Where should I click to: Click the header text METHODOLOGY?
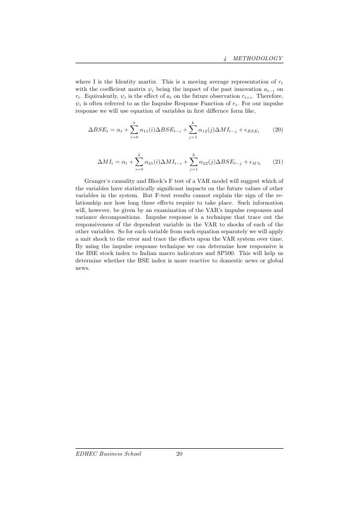click(x=258, y=58)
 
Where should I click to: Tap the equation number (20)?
click(x=278, y=130)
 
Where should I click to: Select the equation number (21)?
click(x=278, y=162)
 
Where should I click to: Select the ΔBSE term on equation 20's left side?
click(x=99, y=130)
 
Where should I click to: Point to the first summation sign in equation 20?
click(x=134, y=129)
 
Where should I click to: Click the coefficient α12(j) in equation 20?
click(x=208, y=130)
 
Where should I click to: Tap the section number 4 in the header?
click(x=225, y=58)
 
